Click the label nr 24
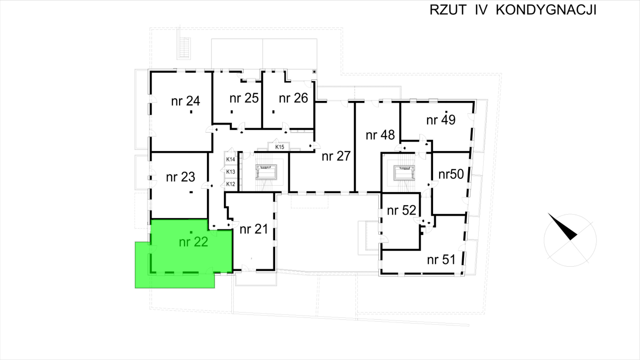pos(186,101)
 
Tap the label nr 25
pos(244,98)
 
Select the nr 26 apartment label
pos(293,98)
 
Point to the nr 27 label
pos(336,156)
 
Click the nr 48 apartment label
pos(380,135)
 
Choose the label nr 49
pos(441,120)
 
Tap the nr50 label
pos(451,174)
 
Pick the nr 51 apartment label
pos(441,260)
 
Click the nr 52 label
pos(402,210)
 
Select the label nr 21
pos(254,229)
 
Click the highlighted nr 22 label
pos(193,242)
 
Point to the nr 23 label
pos(181,177)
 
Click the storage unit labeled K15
pos(279,147)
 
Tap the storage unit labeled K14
pos(231,159)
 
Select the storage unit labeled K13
pos(231,172)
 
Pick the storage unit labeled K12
pos(231,184)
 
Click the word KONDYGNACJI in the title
pos(546,10)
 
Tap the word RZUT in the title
pos(448,10)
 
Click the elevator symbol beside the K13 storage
pos(266,172)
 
